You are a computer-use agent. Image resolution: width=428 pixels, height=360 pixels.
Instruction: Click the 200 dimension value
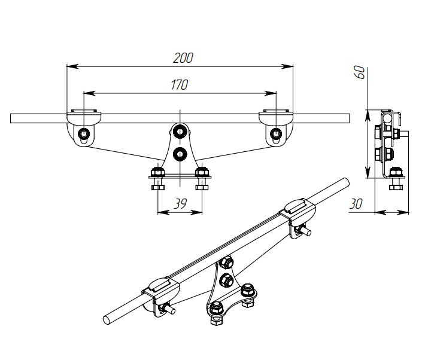click(183, 58)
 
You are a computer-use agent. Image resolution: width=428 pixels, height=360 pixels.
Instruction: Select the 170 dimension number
click(180, 85)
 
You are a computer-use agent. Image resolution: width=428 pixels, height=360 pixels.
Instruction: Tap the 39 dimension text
click(180, 203)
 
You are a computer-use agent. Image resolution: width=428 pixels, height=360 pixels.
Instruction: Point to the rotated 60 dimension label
click(360, 72)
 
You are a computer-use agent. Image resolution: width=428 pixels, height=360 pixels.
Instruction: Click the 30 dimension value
click(356, 204)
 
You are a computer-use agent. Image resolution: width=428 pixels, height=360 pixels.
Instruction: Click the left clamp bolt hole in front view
click(84, 133)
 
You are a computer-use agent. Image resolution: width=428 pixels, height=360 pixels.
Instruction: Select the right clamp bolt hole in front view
click(276, 133)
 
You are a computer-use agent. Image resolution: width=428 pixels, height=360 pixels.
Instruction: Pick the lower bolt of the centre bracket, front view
click(180, 155)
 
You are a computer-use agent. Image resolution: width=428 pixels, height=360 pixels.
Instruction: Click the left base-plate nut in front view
click(157, 172)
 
